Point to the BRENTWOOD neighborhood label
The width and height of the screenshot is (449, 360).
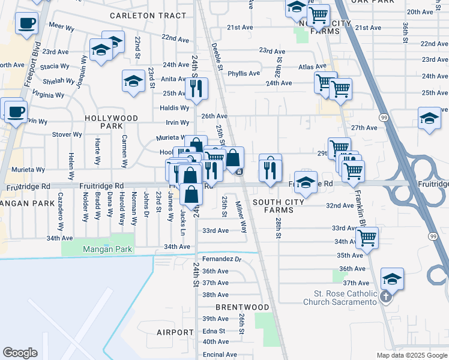pyautogui.click(x=243, y=307)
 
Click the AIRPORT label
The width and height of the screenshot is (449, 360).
pyautogui.click(x=175, y=332)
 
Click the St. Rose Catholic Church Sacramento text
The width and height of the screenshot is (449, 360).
pyautogui.click(x=345, y=298)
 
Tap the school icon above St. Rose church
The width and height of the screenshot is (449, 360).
pyautogui.click(x=392, y=278)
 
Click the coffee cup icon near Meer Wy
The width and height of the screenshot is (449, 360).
pyautogui.click(x=26, y=23)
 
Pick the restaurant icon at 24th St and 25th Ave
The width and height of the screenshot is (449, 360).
pyautogui.click(x=196, y=88)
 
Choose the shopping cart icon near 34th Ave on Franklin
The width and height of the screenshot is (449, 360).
pyautogui.click(x=366, y=237)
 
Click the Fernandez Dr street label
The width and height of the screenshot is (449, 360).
pyautogui.click(x=221, y=259)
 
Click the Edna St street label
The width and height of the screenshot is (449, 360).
pyautogui.click(x=214, y=331)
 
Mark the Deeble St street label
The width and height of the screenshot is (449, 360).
pyautogui.click(x=217, y=57)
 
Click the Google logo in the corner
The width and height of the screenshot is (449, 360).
pyautogui.click(x=20, y=353)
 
